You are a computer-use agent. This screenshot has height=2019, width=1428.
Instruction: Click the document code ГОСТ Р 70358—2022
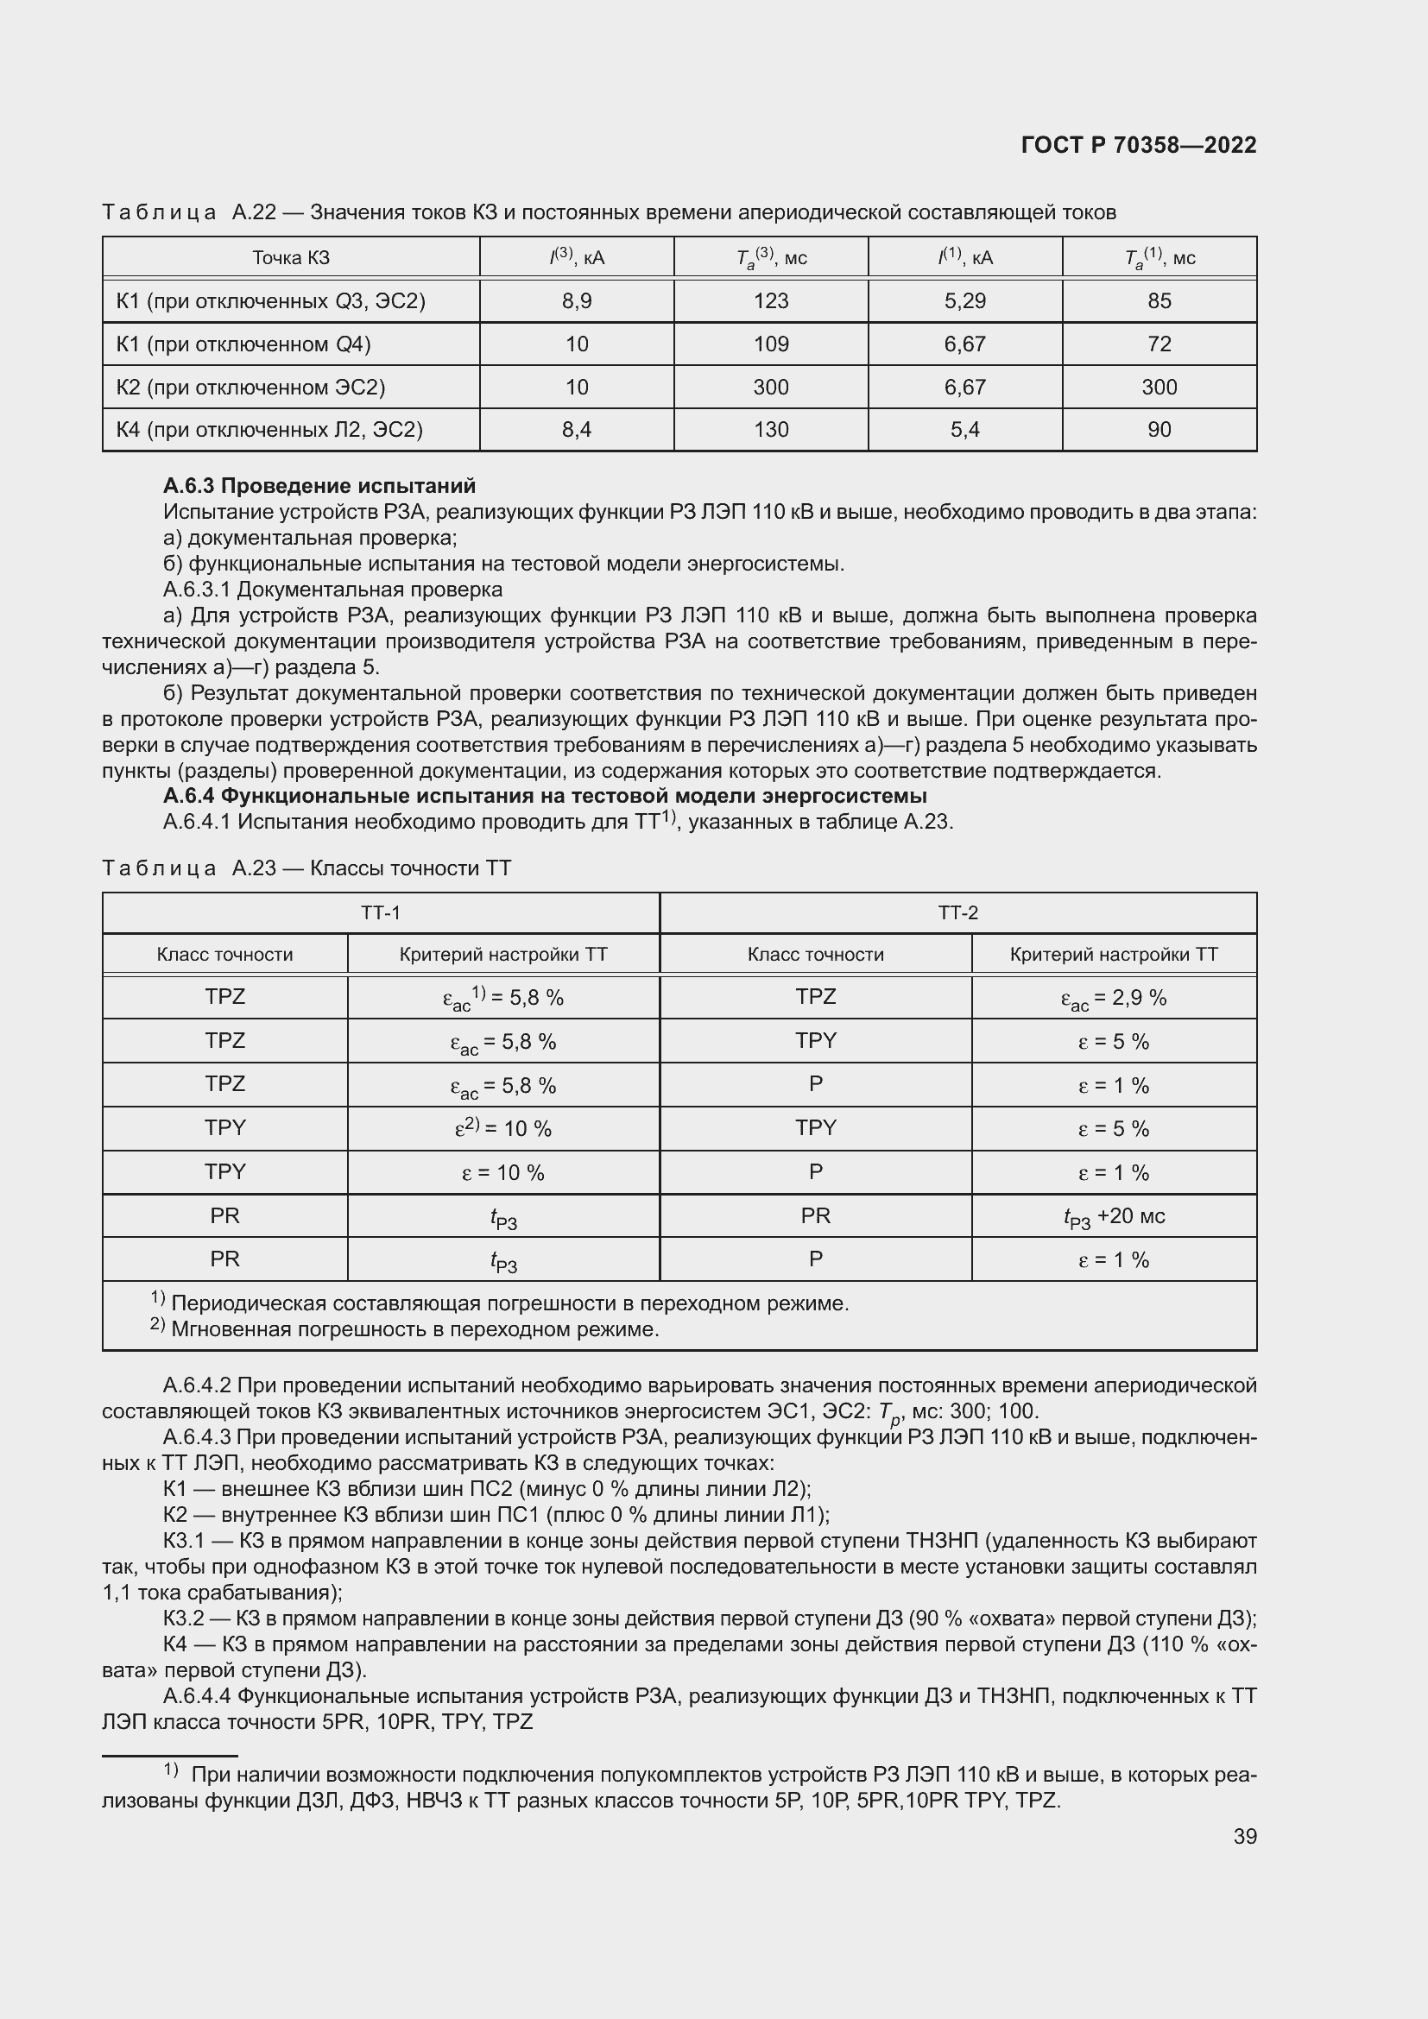point(1138,145)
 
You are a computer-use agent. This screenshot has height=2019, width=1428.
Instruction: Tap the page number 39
point(1244,1836)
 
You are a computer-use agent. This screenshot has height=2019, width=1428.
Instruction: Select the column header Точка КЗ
point(290,257)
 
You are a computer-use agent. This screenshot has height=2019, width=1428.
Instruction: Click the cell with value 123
point(770,300)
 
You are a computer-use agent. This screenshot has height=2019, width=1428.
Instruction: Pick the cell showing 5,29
point(964,300)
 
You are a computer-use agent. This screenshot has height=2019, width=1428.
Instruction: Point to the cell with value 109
point(770,344)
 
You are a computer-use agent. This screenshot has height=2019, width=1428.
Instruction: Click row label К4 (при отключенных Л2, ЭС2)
point(269,430)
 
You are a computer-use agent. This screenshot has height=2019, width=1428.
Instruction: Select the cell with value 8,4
point(576,430)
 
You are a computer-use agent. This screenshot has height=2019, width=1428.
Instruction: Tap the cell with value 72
point(1159,344)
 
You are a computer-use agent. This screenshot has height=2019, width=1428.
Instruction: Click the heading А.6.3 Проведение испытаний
point(319,485)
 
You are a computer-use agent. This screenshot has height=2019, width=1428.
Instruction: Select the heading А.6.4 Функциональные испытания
point(544,796)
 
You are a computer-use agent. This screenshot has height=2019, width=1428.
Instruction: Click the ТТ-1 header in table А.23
point(380,912)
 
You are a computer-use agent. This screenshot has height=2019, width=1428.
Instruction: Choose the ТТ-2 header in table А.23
point(957,912)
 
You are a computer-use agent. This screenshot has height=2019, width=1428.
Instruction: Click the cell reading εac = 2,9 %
point(1113,998)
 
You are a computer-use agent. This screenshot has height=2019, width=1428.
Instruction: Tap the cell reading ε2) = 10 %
point(503,1128)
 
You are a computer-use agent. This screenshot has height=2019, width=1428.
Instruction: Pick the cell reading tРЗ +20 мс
point(1113,1217)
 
